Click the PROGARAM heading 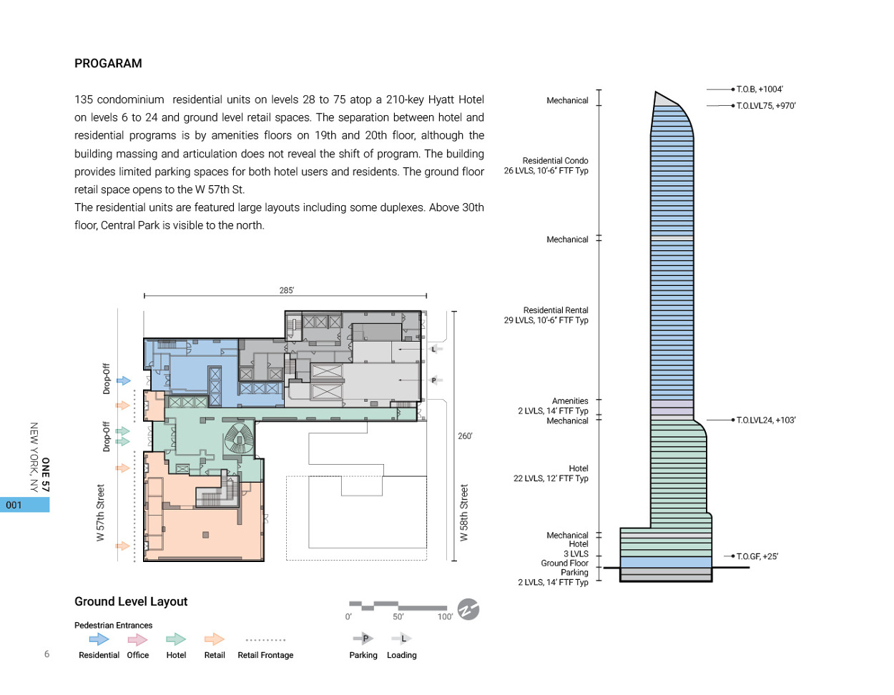tap(108, 64)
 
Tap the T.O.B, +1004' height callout tap(760, 89)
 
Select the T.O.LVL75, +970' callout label tap(766, 106)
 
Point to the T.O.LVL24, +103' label tap(766, 420)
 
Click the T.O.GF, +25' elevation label tap(757, 556)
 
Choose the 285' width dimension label tap(286, 290)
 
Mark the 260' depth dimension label tap(465, 436)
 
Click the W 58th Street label tap(464, 513)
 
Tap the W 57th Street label tap(101, 513)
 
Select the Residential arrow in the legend tap(99, 639)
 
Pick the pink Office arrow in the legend tap(137, 639)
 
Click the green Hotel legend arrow tap(176, 639)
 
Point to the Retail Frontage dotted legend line tap(265, 640)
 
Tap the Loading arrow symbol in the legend tap(401, 639)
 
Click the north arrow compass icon tap(468, 609)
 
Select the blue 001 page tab tap(24, 505)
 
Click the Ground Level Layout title tap(131, 602)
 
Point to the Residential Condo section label tap(555, 161)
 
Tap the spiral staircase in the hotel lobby tap(240, 438)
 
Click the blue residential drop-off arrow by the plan tap(124, 381)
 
